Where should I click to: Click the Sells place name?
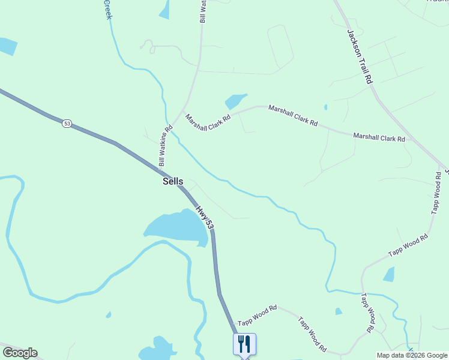click(x=173, y=181)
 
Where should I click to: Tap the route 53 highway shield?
click(x=67, y=124)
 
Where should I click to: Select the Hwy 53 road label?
click(x=204, y=217)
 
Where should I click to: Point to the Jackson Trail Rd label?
click(x=360, y=57)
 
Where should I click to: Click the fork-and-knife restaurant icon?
click(x=244, y=344)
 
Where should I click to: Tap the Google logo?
click(x=20, y=353)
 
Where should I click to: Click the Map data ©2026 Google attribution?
click(x=412, y=355)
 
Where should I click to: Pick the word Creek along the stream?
click(x=108, y=9)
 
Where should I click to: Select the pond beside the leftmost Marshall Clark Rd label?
click(x=235, y=101)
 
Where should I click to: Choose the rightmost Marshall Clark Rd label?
click(x=379, y=137)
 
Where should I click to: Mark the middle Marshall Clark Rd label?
click(x=293, y=115)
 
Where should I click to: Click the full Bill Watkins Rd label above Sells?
click(x=166, y=146)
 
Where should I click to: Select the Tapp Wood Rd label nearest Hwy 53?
click(x=257, y=316)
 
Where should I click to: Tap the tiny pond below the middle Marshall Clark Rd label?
click(x=325, y=107)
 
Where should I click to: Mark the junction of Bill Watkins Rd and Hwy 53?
click(x=163, y=170)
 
